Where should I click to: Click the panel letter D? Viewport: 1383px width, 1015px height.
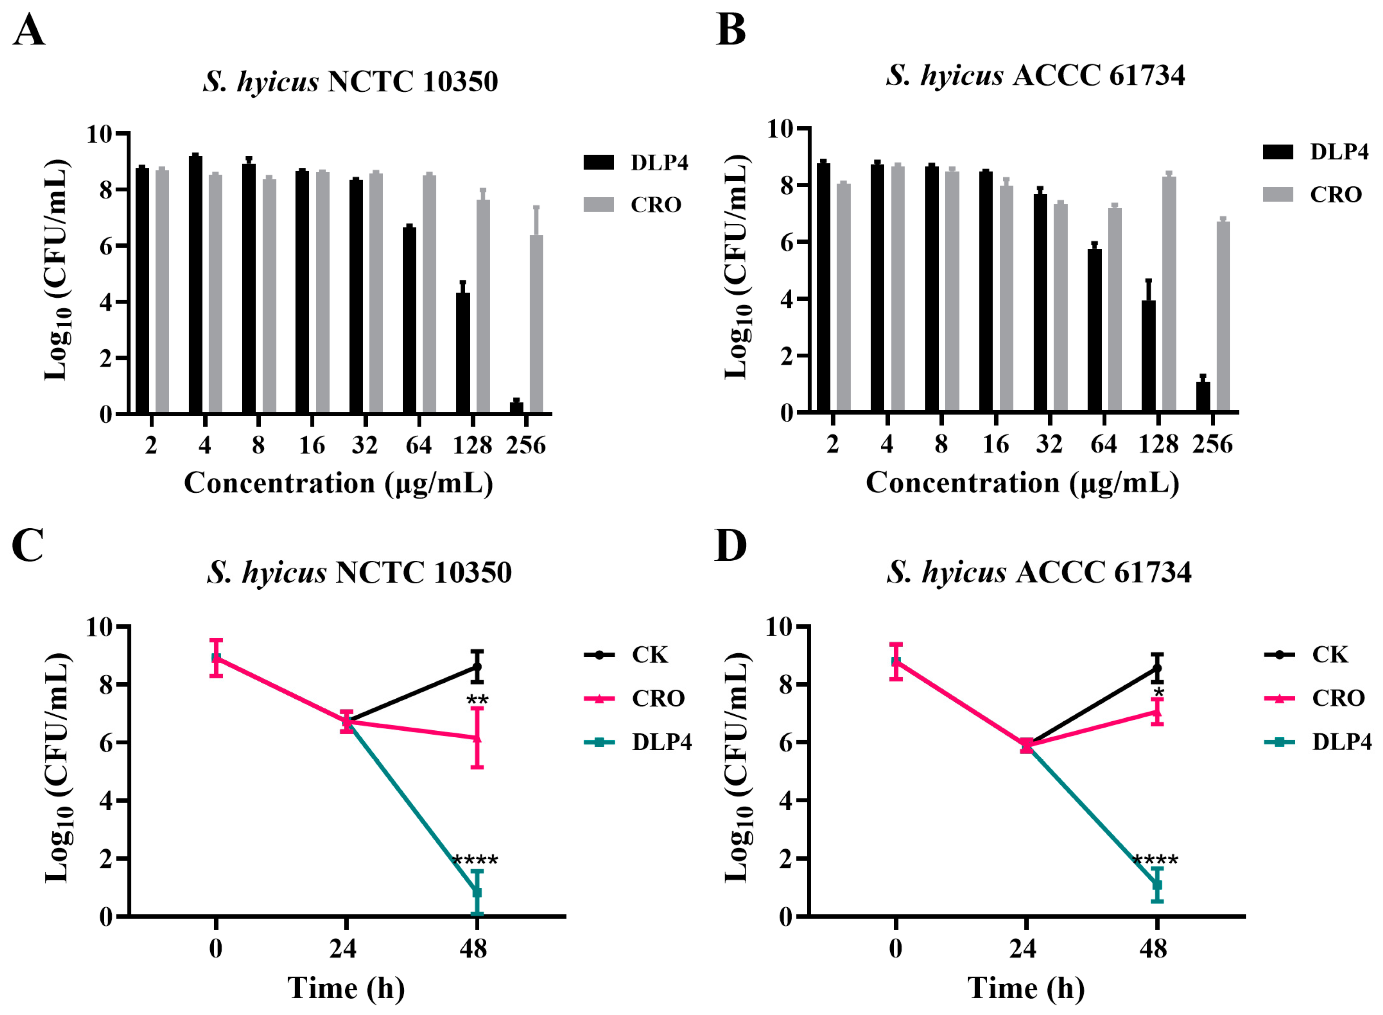731,546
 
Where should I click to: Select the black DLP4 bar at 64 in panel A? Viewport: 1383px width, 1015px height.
409,319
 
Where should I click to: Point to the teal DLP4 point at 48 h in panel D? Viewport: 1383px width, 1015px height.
1157,885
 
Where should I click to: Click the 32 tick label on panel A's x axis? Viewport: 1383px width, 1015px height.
365,444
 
